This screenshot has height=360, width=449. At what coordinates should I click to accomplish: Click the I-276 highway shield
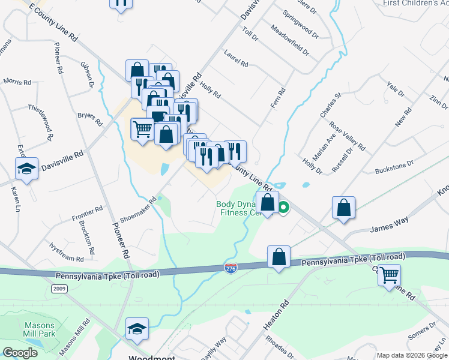[231, 266]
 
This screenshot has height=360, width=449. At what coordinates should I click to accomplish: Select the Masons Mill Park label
[39, 329]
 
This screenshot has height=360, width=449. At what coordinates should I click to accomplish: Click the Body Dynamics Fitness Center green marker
[283, 208]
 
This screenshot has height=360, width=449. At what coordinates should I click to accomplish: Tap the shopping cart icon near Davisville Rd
[142, 128]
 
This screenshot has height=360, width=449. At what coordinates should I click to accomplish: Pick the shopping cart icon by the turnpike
[390, 275]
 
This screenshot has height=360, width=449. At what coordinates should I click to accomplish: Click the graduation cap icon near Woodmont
[137, 328]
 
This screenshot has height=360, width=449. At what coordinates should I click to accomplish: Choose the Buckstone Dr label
[394, 167]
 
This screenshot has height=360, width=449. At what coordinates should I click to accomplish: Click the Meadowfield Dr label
[290, 40]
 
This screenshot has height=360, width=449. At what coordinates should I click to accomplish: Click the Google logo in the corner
[20, 353]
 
